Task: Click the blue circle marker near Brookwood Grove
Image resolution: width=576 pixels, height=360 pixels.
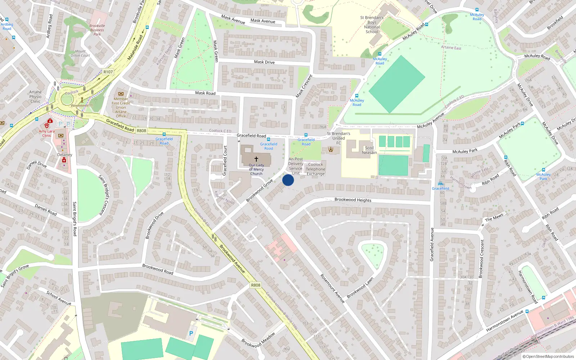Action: (288, 180)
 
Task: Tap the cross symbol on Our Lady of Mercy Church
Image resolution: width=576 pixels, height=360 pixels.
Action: (256, 159)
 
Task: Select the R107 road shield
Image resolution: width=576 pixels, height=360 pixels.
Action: (108, 72)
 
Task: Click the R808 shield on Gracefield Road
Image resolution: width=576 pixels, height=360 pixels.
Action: (141, 131)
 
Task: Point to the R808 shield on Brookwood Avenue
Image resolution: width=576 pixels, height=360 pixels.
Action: (256, 285)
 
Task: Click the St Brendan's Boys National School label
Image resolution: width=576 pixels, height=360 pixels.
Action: (372, 24)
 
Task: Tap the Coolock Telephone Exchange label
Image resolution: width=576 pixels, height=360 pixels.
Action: (315, 169)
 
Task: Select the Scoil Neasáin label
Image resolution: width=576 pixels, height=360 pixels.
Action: (369, 150)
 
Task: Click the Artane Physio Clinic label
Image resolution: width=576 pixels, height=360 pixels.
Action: (35, 96)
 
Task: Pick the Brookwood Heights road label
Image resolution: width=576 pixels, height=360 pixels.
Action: (353, 200)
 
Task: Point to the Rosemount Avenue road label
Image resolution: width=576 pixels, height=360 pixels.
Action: (332, 288)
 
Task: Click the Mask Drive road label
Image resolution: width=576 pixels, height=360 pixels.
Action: (264, 62)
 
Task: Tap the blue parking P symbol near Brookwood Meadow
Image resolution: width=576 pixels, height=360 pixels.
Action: (191, 333)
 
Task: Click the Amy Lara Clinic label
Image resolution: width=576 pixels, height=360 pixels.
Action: (47, 133)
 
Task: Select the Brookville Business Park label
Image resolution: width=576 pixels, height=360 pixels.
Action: (97, 30)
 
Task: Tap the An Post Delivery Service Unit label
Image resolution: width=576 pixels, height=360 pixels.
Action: (296, 166)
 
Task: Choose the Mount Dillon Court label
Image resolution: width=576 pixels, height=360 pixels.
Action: (80, 53)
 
